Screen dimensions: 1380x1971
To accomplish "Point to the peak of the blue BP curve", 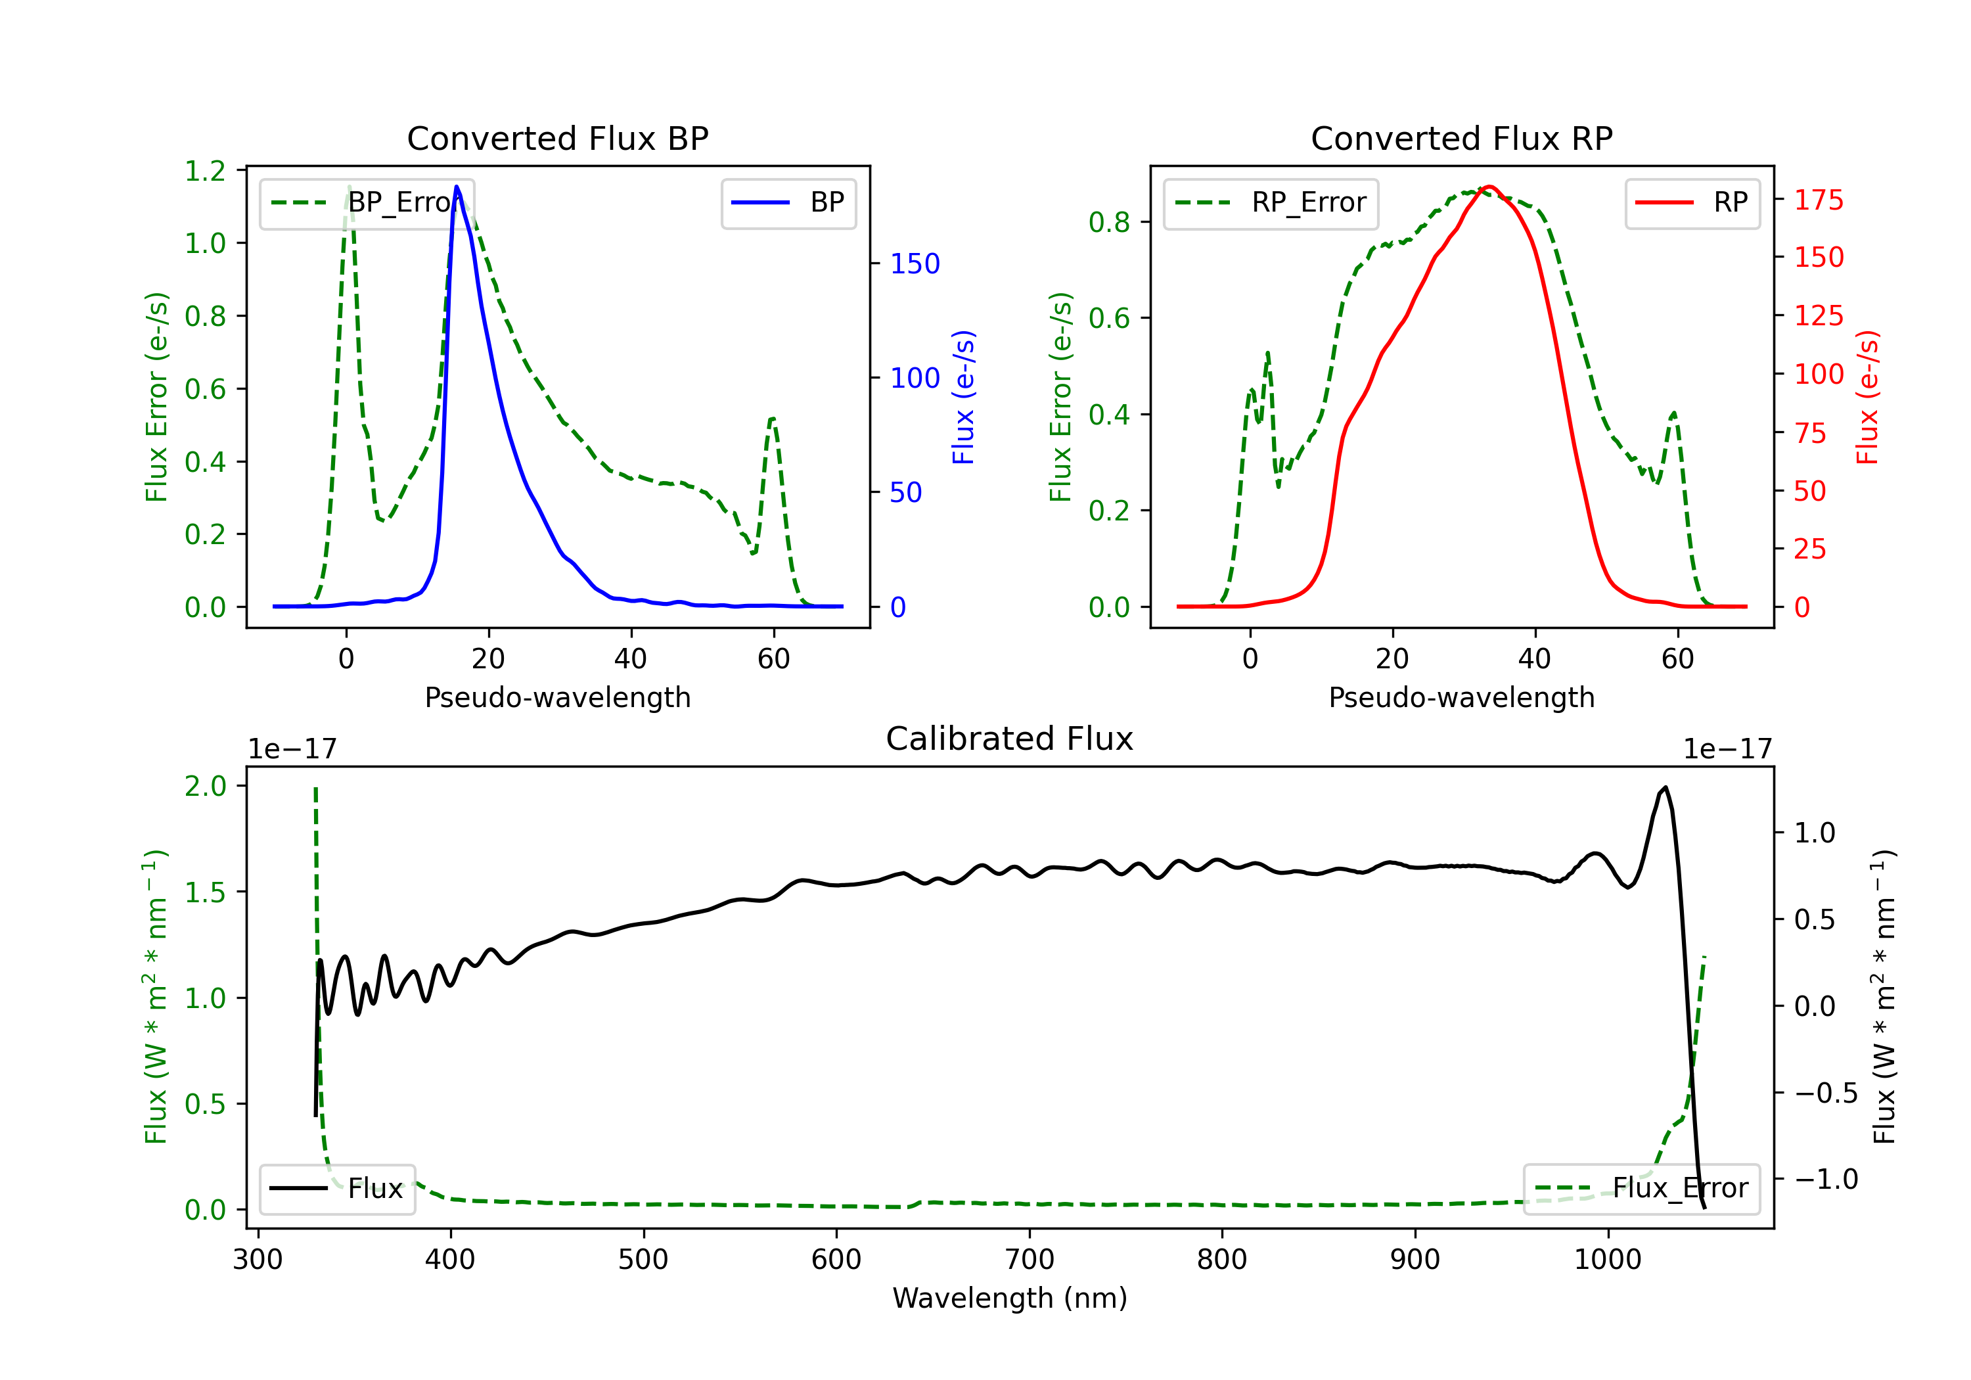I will [x=457, y=187].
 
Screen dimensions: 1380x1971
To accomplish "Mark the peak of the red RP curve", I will [x=1489, y=187].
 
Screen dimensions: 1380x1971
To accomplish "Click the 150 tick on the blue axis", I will [x=915, y=264].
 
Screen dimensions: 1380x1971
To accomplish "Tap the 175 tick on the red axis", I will [x=1818, y=200].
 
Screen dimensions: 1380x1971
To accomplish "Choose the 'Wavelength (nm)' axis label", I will [x=1010, y=1298].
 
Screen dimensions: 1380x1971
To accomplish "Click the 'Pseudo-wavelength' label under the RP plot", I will [x=1461, y=697].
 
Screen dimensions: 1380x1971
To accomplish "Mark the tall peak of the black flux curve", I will [x=1665, y=787].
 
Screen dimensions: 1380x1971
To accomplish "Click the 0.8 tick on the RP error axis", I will [x=1108, y=222].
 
